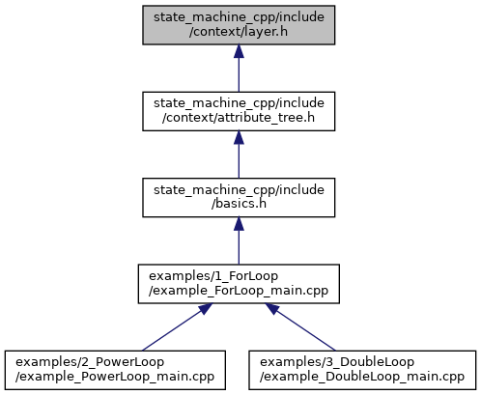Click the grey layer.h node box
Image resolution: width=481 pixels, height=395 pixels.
(x=239, y=25)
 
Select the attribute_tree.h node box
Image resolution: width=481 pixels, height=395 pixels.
(x=239, y=111)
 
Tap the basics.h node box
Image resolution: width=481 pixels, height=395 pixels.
(x=239, y=197)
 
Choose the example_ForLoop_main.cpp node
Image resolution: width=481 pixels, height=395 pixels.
(x=239, y=284)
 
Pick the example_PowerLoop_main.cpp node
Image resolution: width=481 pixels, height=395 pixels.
(x=115, y=370)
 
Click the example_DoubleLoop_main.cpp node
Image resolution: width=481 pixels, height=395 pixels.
(x=362, y=370)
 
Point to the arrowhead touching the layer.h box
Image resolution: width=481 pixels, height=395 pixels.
(x=239, y=51)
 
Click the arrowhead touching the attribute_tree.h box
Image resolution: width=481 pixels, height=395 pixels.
(x=239, y=138)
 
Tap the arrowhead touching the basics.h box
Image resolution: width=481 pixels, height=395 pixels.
(x=239, y=224)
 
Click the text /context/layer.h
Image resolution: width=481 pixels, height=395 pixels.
(x=239, y=32)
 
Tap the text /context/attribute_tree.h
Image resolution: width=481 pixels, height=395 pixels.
(x=239, y=118)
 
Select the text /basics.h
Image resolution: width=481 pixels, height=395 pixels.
(x=239, y=204)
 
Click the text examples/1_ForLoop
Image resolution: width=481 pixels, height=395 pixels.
(x=213, y=276)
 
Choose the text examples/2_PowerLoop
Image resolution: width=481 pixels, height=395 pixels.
(x=90, y=362)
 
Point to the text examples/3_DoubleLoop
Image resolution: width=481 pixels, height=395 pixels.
(x=337, y=362)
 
